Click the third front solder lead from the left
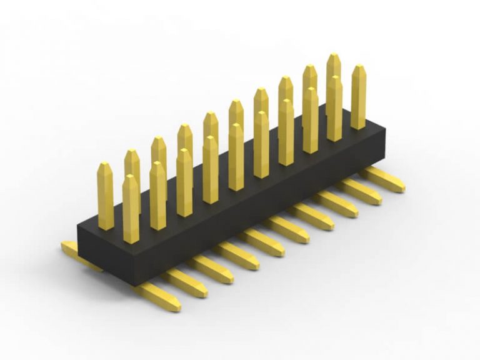point(212,269)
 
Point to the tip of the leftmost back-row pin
point(105,166)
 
